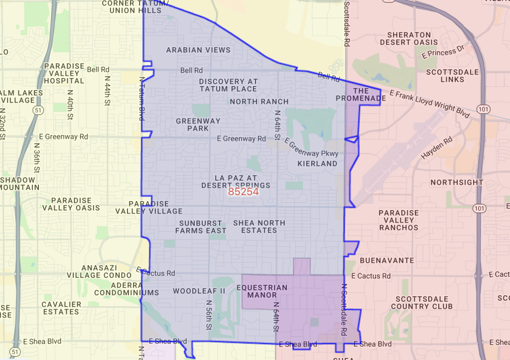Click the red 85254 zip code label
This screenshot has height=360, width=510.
[x=243, y=192]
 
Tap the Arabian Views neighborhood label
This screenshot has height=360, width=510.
[x=198, y=50]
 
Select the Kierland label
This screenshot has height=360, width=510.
[x=317, y=163]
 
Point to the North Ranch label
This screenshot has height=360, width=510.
[x=259, y=102]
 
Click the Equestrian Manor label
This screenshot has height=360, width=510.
[x=262, y=291]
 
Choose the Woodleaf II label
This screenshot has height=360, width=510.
[x=199, y=291]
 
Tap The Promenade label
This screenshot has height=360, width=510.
[x=361, y=95]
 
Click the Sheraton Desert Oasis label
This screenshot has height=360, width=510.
[x=409, y=38]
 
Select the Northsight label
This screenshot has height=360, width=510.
[x=457, y=182]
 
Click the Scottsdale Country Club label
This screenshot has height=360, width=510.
[x=423, y=302]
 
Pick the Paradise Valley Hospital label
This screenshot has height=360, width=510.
[x=64, y=73]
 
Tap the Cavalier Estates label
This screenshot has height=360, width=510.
[x=61, y=308]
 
